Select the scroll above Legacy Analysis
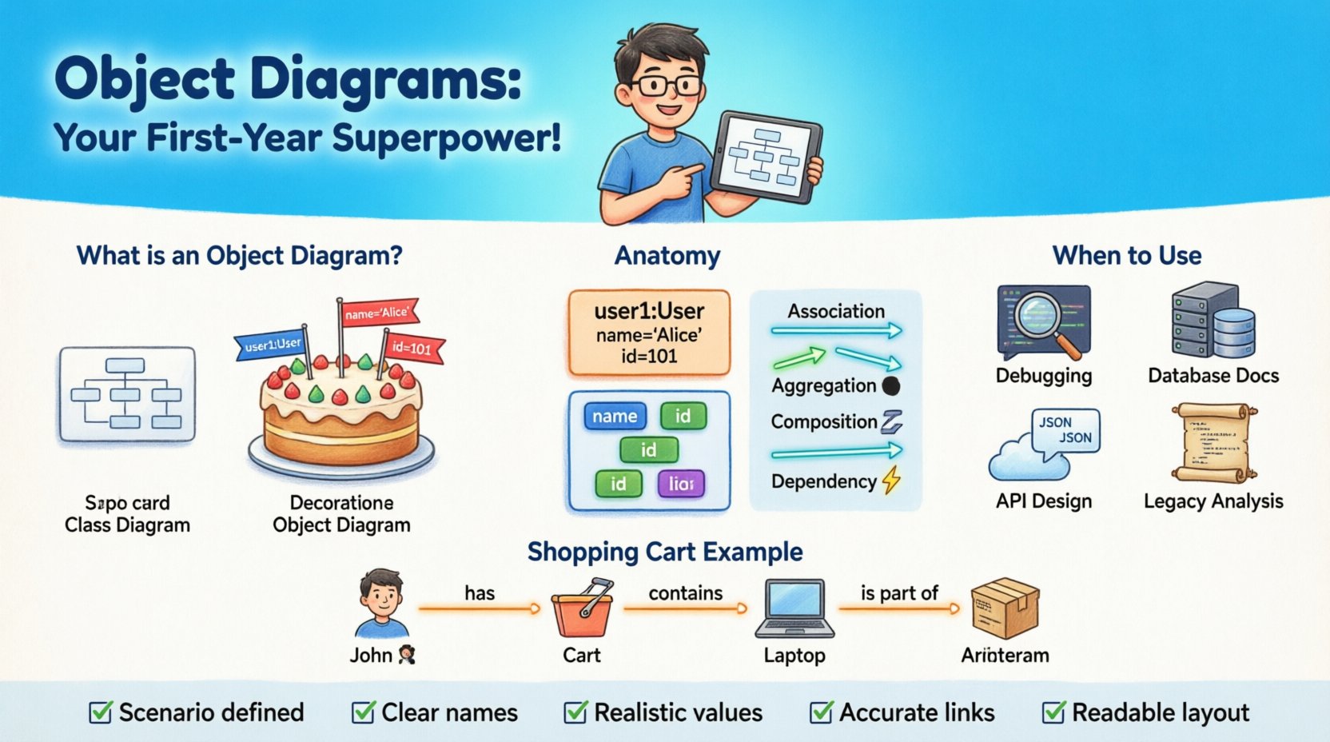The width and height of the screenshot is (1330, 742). click(1214, 444)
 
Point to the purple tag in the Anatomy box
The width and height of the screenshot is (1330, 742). click(680, 484)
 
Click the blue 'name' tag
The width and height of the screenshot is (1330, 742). click(615, 417)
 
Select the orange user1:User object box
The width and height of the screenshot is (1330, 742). click(649, 333)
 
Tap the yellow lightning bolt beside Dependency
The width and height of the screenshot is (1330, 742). click(891, 480)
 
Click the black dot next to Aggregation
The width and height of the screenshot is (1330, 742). click(890, 386)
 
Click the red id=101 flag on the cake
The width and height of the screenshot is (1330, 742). click(412, 349)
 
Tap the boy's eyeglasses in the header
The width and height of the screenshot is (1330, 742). click(665, 86)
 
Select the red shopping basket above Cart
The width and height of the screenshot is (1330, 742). click(583, 611)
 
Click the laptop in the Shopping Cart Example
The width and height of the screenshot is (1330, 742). click(794, 609)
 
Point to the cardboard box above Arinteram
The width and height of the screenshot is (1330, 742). click(1004, 608)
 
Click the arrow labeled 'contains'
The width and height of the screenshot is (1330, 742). click(685, 609)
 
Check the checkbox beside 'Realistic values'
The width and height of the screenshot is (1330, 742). click(575, 712)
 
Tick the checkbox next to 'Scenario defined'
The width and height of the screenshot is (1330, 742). click(101, 712)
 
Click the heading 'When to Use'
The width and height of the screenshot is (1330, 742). click(1126, 256)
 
